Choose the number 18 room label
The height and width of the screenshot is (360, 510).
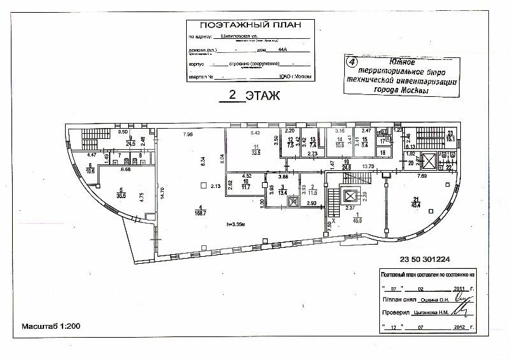(x=382, y=154)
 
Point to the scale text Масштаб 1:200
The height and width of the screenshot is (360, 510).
(x=51, y=326)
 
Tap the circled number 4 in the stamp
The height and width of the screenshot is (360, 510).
(x=349, y=62)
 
